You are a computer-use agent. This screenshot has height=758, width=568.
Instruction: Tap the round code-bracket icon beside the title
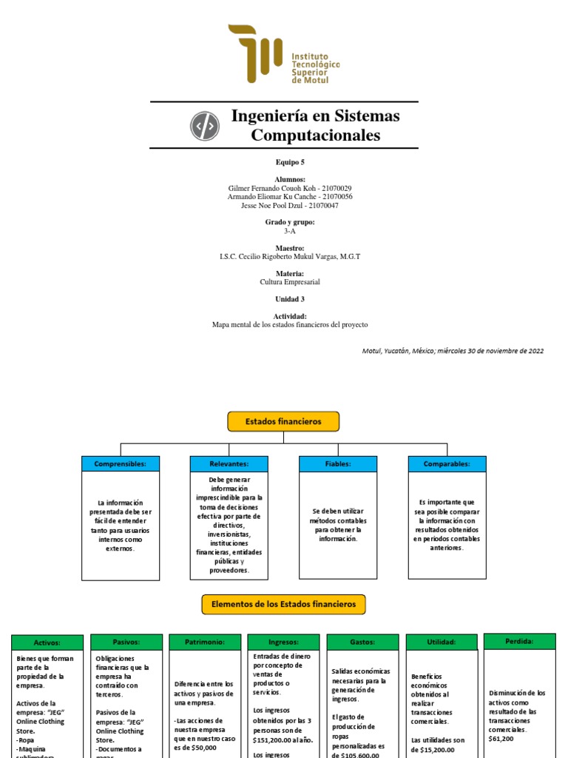click(x=205, y=127)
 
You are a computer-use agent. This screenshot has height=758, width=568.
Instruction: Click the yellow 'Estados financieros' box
click(x=283, y=421)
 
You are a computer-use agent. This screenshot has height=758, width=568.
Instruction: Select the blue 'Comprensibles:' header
click(x=121, y=464)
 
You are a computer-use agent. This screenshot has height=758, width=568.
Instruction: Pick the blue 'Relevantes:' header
click(x=229, y=464)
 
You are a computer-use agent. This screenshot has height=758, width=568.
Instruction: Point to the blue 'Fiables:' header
click(x=338, y=464)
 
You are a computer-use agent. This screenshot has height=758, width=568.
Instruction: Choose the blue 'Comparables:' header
click(x=447, y=464)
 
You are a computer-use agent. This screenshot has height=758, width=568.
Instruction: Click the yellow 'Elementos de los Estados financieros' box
click(x=283, y=604)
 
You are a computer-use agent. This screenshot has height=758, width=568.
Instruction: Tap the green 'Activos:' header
click(x=47, y=643)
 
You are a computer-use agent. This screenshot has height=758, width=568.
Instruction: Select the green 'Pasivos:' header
click(x=126, y=642)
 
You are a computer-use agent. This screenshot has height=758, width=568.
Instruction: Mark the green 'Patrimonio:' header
click(x=205, y=642)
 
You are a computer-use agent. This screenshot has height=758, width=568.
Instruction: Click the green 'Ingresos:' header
click(x=284, y=642)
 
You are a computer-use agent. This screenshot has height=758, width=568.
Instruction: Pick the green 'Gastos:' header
click(x=362, y=642)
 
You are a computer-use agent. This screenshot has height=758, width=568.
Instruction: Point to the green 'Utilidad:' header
click(x=442, y=642)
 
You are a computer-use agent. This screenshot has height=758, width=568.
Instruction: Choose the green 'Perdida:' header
click(x=519, y=641)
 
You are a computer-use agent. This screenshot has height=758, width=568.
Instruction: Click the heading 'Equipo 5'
click(x=289, y=162)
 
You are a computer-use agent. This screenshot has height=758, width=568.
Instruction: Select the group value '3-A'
click(x=289, y=231)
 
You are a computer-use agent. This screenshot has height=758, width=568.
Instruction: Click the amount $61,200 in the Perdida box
click(x=501, y=738)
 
